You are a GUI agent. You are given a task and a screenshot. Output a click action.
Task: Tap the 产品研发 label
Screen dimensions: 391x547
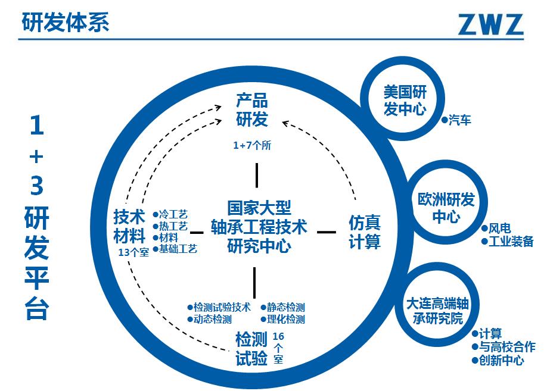[x=251, y=110]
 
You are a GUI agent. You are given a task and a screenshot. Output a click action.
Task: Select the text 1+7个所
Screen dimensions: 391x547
[x=252, y=145]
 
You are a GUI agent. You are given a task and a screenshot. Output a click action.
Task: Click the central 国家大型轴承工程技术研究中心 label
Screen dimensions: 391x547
[x=259, y=227]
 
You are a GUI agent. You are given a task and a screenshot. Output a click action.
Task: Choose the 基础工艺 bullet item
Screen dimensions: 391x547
[x=178, y=249]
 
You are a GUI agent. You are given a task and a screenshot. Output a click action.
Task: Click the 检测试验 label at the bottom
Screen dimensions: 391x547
[x=251, y=349]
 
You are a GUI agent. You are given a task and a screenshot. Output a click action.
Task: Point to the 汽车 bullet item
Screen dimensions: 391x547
[x=459, y=121]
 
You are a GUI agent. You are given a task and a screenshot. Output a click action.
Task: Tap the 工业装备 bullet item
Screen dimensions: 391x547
[x=510, y=242]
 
